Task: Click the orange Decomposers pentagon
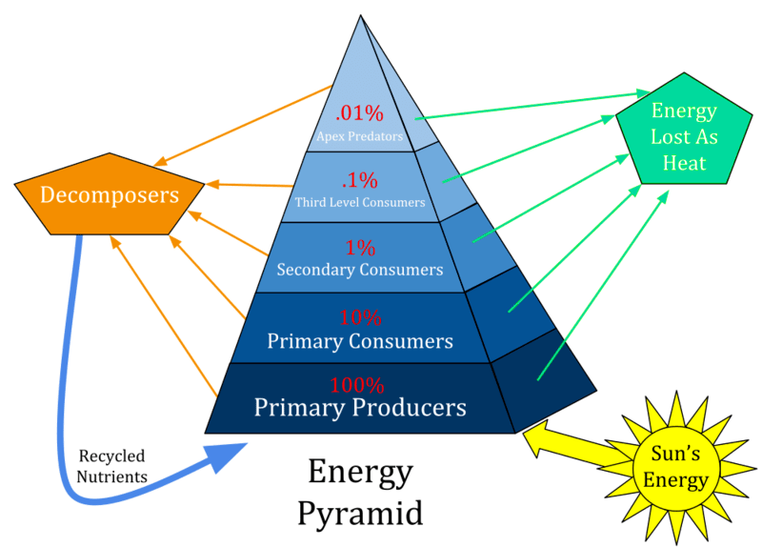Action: (x=110, y=195)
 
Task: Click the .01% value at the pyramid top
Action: (x=360, y=113)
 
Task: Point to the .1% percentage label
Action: (x=360, y=179)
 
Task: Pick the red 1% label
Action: (x=360, y=248)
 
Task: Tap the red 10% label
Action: (x=360, y=317)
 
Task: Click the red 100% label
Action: (x=357, y=386)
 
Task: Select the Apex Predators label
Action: (x=359, y=136)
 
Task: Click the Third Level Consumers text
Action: (x=359, y=202)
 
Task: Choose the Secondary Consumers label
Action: (x=359, y=270)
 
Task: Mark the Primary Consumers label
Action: (x=359, y=340)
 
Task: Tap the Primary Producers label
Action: (x=359, y=408)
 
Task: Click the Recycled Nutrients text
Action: (x=112, y=466)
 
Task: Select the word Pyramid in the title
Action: (x=359, y=514)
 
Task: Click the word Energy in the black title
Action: (x=359, y=473)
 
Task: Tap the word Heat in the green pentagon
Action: (x=684, y=162)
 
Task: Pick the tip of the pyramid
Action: (x=361, y=16)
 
